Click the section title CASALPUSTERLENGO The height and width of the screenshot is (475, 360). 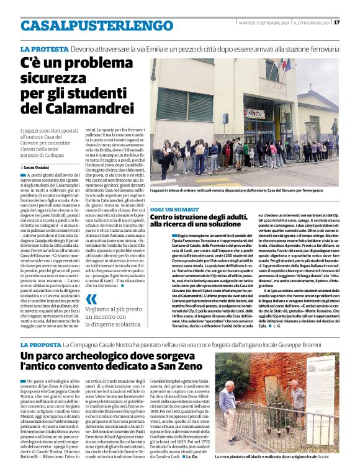click(x=88, y=26)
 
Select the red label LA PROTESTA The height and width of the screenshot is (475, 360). click(x=44, y=49)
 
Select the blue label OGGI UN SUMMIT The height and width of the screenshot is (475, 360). click(x=174, y=210)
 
